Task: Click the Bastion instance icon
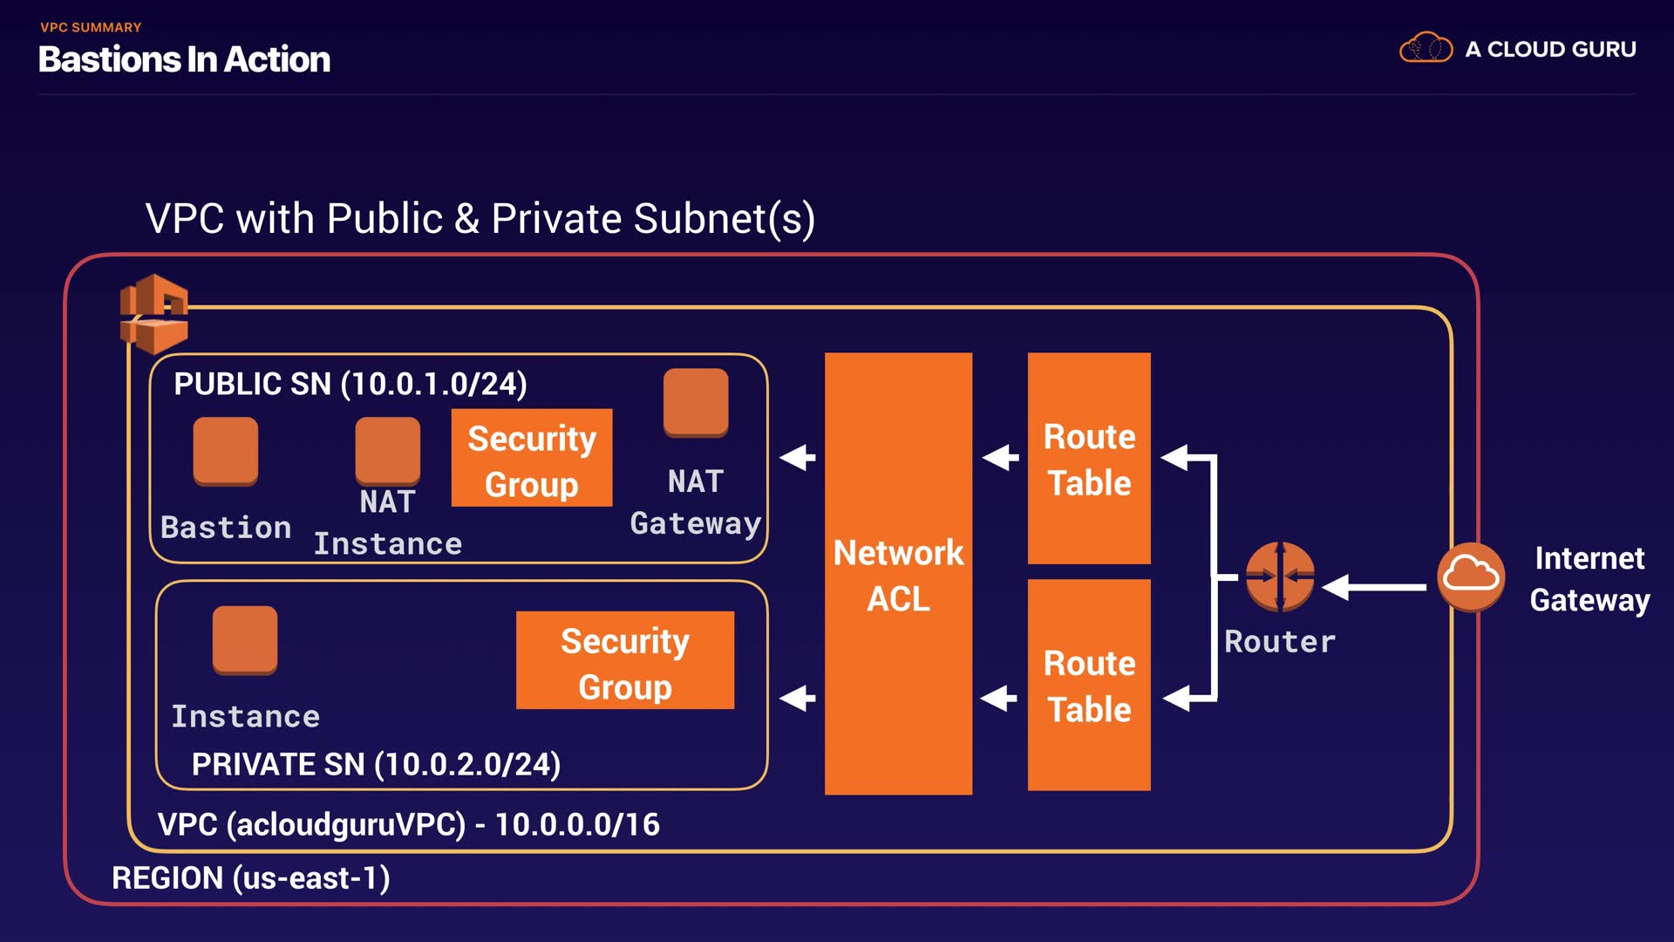[226, 451]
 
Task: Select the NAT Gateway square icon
[696, 402]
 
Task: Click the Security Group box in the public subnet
[532, 459]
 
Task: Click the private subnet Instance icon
[245, 640]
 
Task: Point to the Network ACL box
[898, 574]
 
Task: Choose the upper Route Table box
[1089, 459]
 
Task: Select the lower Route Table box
[1089, 686]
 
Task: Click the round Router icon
[1279, 577]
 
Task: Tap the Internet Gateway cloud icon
[1471, 577]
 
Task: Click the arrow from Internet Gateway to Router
[1375, 587]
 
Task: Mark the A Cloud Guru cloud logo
[1426, 49]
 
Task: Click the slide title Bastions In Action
[184, 59]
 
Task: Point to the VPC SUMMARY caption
[91, 27]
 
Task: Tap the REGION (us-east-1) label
[251, 877]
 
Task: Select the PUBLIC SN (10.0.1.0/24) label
[350, 384]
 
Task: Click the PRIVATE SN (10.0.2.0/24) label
[376, 764]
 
